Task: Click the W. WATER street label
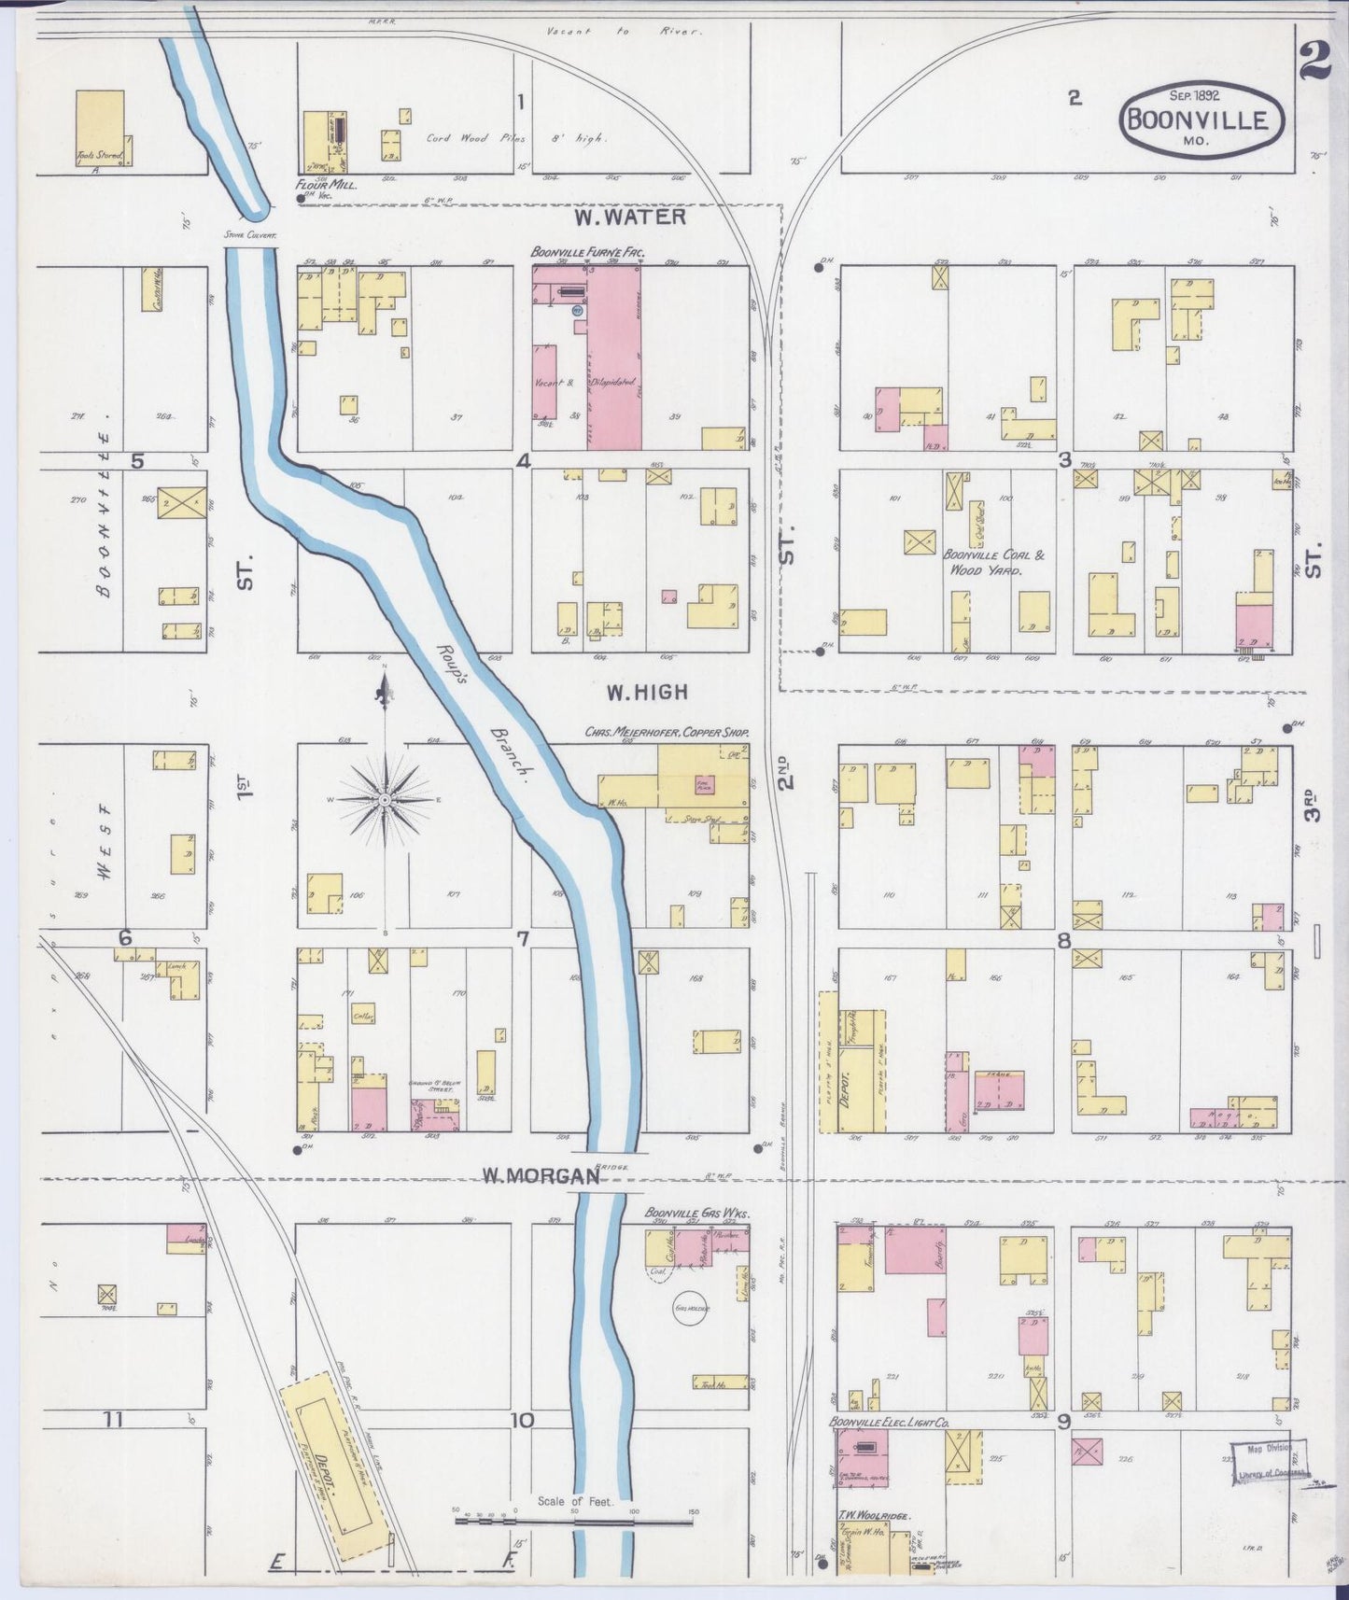pos(630,218)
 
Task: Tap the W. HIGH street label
pos(647,692)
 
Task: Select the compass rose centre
pos(384,800)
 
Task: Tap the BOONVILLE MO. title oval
pos(1201,119)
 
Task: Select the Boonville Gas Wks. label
pos(698,1214)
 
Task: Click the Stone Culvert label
pos(249,236)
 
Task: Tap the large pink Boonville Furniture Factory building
pos(613,358)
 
